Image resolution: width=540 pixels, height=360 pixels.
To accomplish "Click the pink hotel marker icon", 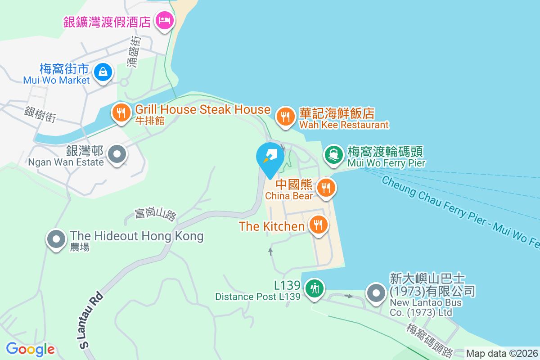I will click(164, 20).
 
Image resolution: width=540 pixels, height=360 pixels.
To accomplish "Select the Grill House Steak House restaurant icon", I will click(121, 112).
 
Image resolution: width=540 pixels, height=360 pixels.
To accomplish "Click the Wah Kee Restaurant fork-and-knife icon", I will click(285, 117).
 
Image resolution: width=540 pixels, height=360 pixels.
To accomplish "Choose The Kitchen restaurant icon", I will click(319, 224).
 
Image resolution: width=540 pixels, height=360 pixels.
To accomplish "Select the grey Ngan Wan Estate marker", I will click(117, 154).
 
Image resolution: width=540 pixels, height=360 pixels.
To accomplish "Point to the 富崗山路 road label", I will click(155, 214).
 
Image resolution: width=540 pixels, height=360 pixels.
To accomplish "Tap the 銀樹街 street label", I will click(40, 114).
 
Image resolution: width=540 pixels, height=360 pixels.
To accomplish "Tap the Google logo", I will click(30, 349).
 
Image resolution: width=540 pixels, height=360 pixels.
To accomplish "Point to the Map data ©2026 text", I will click(502, 354).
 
